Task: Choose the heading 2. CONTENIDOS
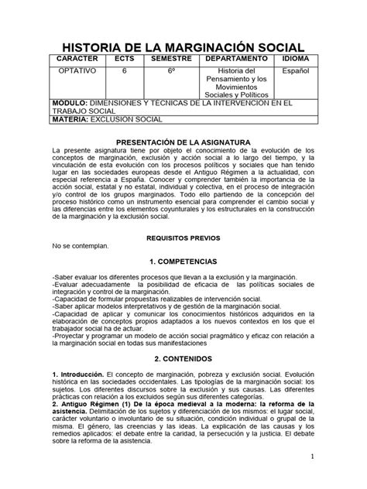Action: [183, 359]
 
